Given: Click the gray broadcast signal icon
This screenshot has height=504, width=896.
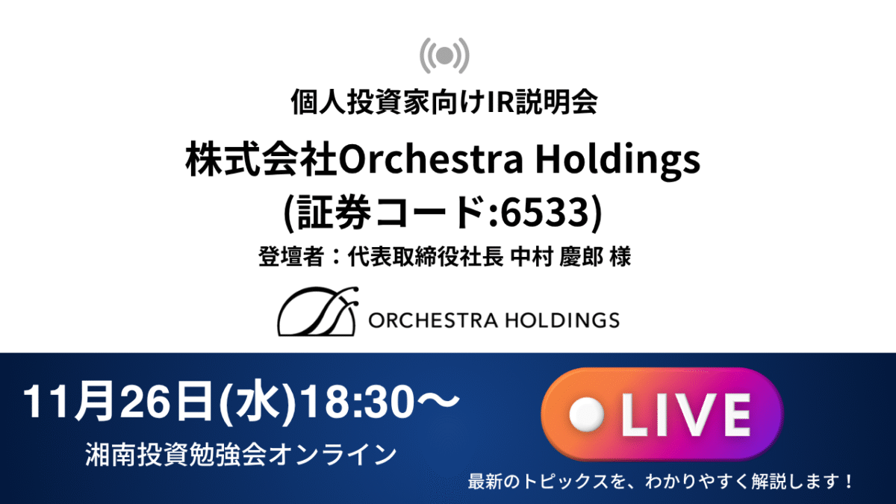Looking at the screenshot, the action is tap(444, 55).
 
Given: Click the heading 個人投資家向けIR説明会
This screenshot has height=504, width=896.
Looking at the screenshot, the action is tap(444, 102).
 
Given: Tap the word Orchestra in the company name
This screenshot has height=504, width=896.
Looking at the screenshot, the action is tap(431, 158).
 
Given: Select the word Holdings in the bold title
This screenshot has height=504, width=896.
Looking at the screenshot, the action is tap(618, 160).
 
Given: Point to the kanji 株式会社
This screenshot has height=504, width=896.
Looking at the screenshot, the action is tap(261, 158).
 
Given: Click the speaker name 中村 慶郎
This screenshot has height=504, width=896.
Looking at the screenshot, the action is tap(556, 256).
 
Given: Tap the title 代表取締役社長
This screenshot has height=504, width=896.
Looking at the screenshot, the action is tap(426, 256).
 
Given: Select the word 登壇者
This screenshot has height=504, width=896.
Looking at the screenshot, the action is tap(290, 256).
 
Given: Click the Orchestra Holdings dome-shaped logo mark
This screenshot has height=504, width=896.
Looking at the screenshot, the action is tap(317, 311).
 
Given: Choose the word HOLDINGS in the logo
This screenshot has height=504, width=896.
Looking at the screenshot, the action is tap(563, 320).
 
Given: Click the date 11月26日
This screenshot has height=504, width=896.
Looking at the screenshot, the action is tap(118, 401).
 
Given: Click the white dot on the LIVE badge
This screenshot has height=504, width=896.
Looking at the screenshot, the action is tap(586, 415).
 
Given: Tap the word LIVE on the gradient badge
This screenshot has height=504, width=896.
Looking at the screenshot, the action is tap(685, 415).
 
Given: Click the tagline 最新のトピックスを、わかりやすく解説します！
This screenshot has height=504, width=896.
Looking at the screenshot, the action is tap(660, 481).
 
